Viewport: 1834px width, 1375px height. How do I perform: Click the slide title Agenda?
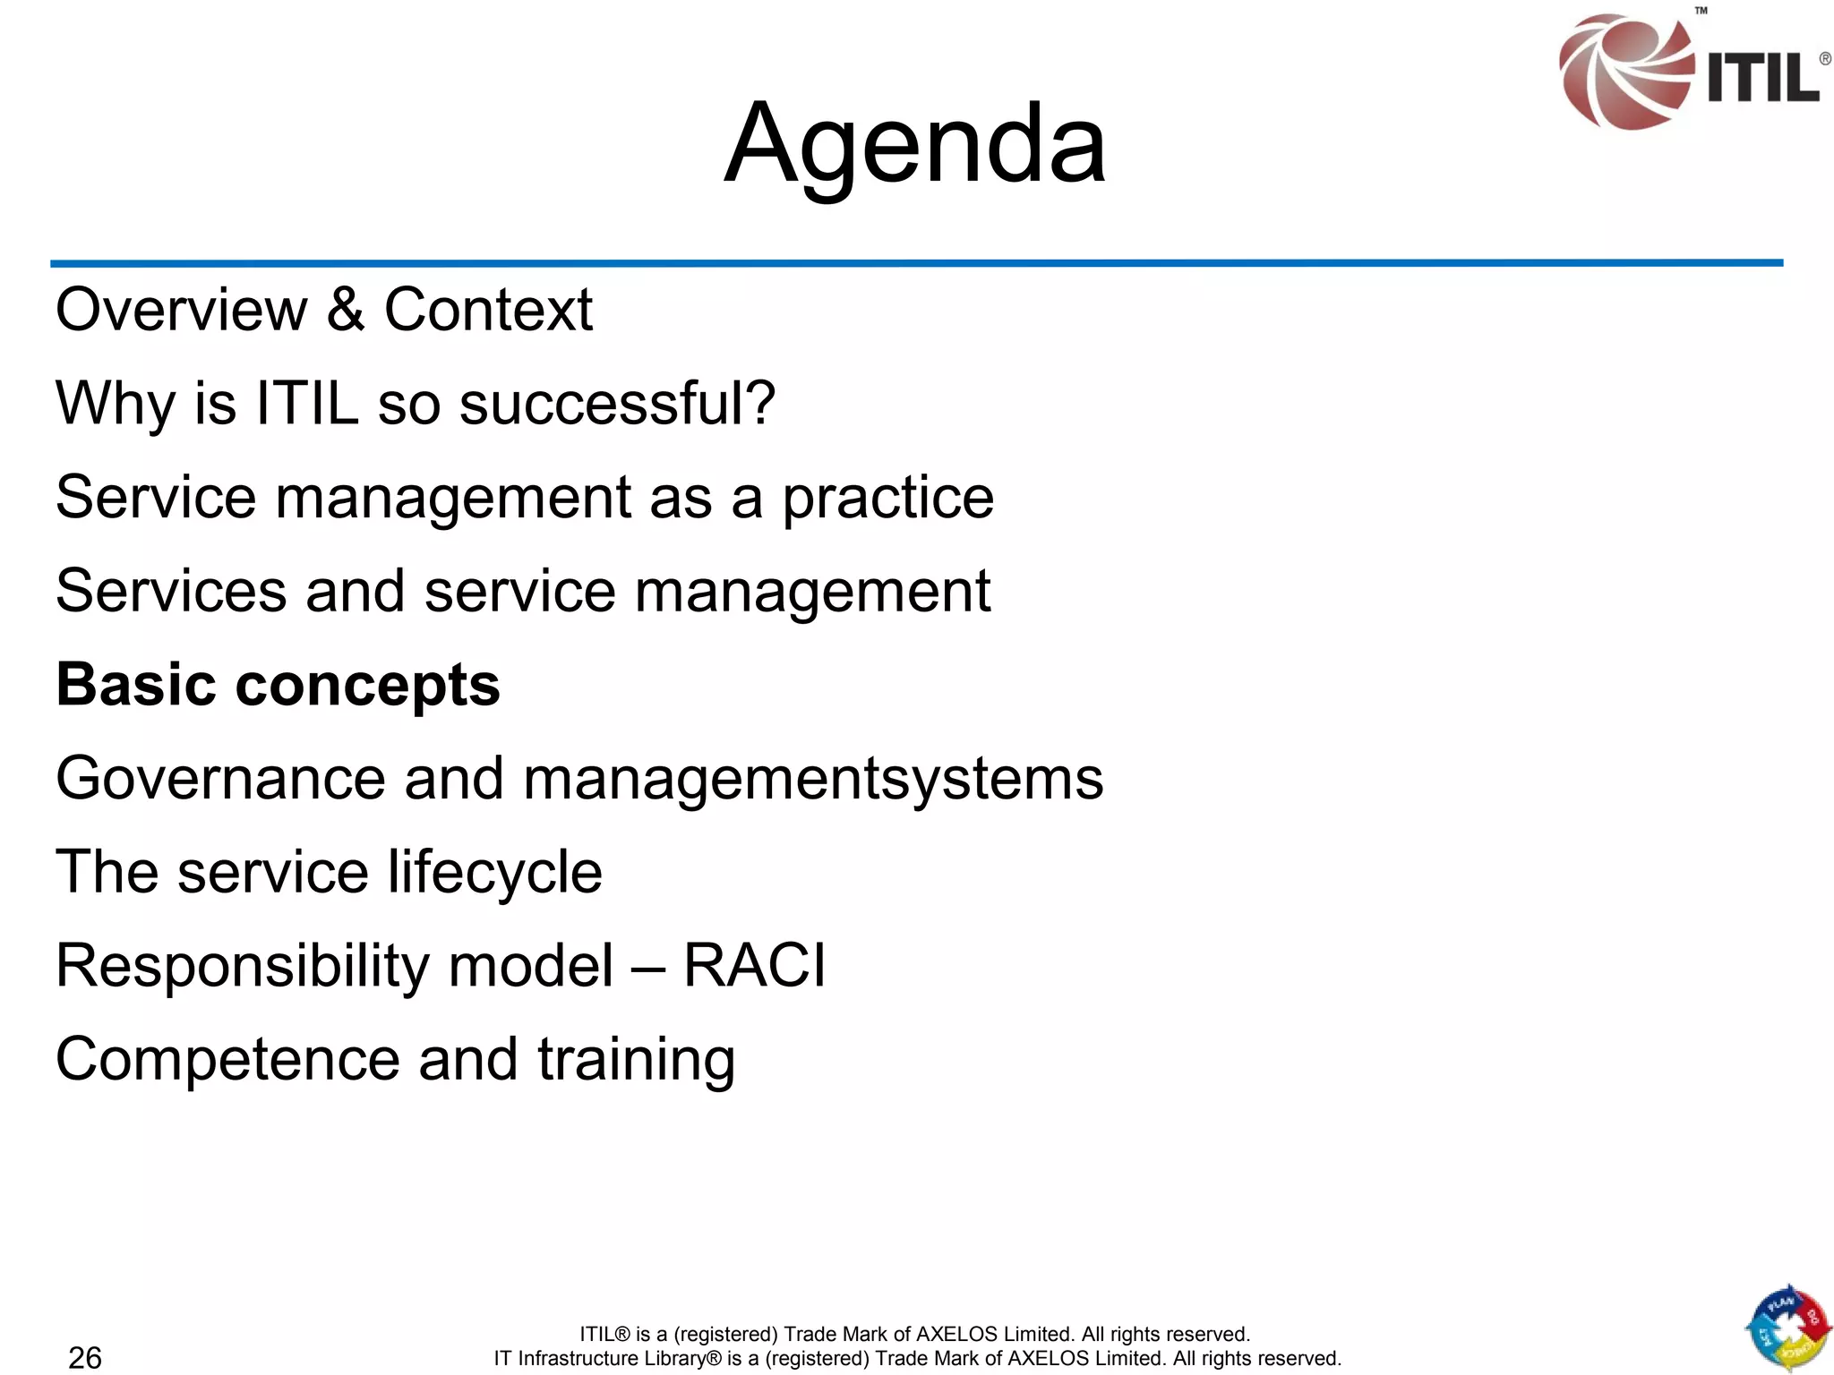click(x=915, y=146)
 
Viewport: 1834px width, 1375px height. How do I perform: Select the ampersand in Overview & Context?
click(x=346, y=310)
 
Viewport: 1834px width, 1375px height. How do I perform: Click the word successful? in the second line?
click(x=617, y=404)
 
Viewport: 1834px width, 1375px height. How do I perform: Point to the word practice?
click(x=888, y=499)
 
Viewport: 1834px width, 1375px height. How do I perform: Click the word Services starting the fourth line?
click(x=171, y=591)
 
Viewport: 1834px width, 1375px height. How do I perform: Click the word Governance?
click(x=220, y=778)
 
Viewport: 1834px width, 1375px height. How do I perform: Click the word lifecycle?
click(x=495, y=873)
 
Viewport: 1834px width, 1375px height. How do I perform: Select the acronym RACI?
click(x=754, y=965)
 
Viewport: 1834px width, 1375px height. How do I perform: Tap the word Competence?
click(x=227, y=1059)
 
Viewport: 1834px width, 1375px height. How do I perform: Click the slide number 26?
click(x=85, y=1357)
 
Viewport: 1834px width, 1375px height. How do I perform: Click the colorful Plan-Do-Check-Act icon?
click(x=1787, y=1329)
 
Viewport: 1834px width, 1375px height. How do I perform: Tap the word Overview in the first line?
click(x=181, y=310)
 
